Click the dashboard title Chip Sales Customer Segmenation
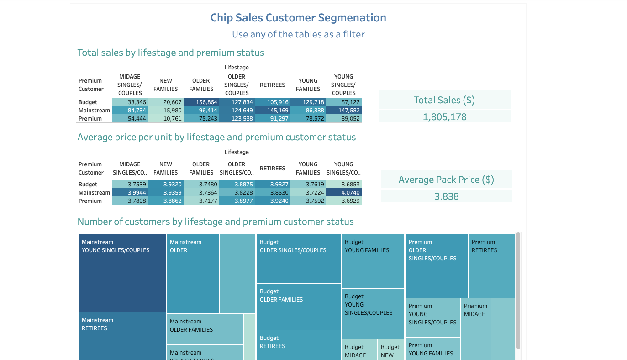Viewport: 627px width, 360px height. click(298, 18)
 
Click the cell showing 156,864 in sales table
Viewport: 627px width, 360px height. click(201, 102)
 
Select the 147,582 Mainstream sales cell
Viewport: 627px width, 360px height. click(343, 111)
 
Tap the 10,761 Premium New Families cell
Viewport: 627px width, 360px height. click(166, 119)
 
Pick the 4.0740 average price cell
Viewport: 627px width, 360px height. click(343, 193)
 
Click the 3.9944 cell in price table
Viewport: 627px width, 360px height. click(130, 193)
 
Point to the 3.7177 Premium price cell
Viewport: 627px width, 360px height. click(201, 201)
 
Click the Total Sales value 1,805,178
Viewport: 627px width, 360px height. click(444, 117)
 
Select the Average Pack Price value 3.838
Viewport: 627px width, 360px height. click(446, 196)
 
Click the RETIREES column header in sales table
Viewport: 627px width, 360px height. click(272, 85)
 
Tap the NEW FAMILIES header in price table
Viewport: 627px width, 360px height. click(166, 168)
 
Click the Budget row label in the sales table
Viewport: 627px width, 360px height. click(88, 102)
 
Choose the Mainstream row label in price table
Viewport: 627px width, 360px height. click(94, 193)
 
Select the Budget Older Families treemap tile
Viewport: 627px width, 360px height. click(299, 307)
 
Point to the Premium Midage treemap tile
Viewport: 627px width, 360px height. click(475, 329)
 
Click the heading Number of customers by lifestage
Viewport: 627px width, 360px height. click(216, 222)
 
